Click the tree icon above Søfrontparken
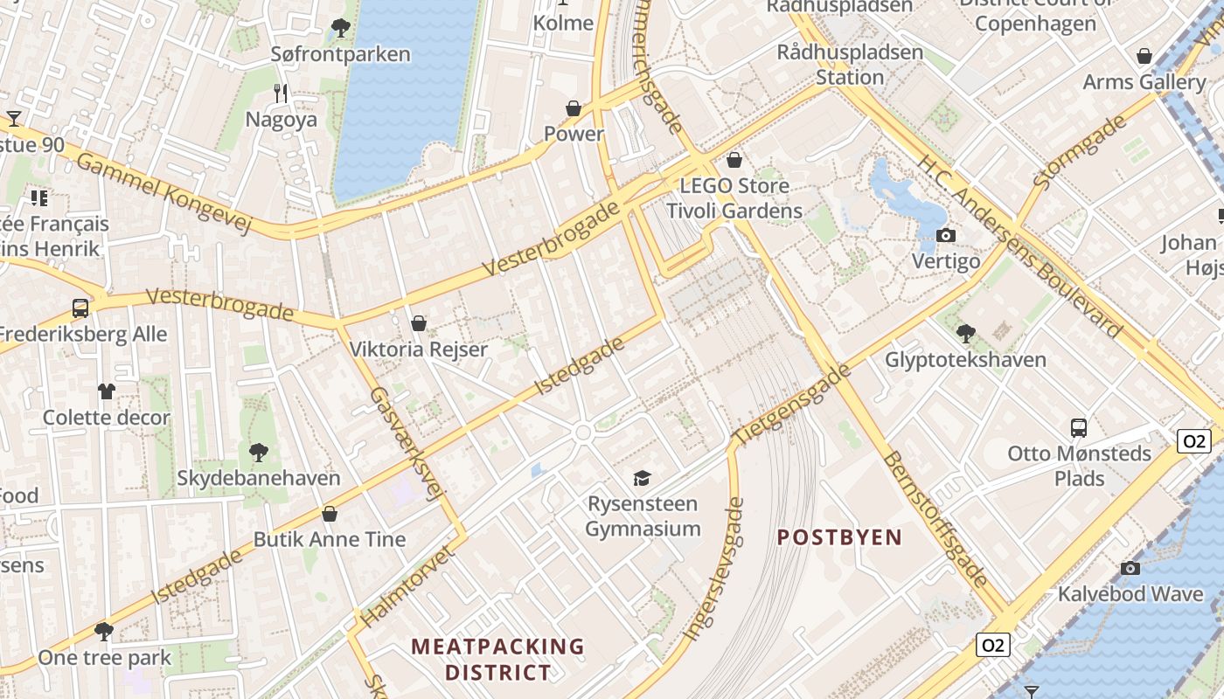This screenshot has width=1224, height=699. pos(341,29)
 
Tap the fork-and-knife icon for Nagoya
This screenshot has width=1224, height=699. pos(281,93)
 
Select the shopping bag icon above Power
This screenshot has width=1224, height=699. pos(574,108)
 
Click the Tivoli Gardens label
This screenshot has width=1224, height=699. pos(734,211)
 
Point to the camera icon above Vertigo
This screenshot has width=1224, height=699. pos(945,236)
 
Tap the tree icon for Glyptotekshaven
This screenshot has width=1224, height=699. pos(965,333)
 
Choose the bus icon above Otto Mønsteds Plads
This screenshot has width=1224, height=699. pos(1079,428)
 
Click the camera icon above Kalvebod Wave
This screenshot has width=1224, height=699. pos(1130,568)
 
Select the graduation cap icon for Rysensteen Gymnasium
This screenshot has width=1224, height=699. pos(643,478)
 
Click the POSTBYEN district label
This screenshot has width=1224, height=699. pos(839,537)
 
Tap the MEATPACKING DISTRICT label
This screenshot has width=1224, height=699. pos(498,660)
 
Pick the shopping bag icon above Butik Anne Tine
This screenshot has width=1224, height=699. pos(330,514)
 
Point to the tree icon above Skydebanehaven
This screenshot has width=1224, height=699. pos(258,453)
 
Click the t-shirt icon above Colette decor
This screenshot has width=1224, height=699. pos(107,391)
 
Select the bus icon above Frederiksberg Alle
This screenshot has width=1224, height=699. pos(80,308)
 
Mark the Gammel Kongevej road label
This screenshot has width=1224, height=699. pos(164,192)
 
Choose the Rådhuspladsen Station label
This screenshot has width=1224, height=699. pos(850,65)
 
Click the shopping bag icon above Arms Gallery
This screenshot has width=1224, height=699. pos(1144,57)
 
